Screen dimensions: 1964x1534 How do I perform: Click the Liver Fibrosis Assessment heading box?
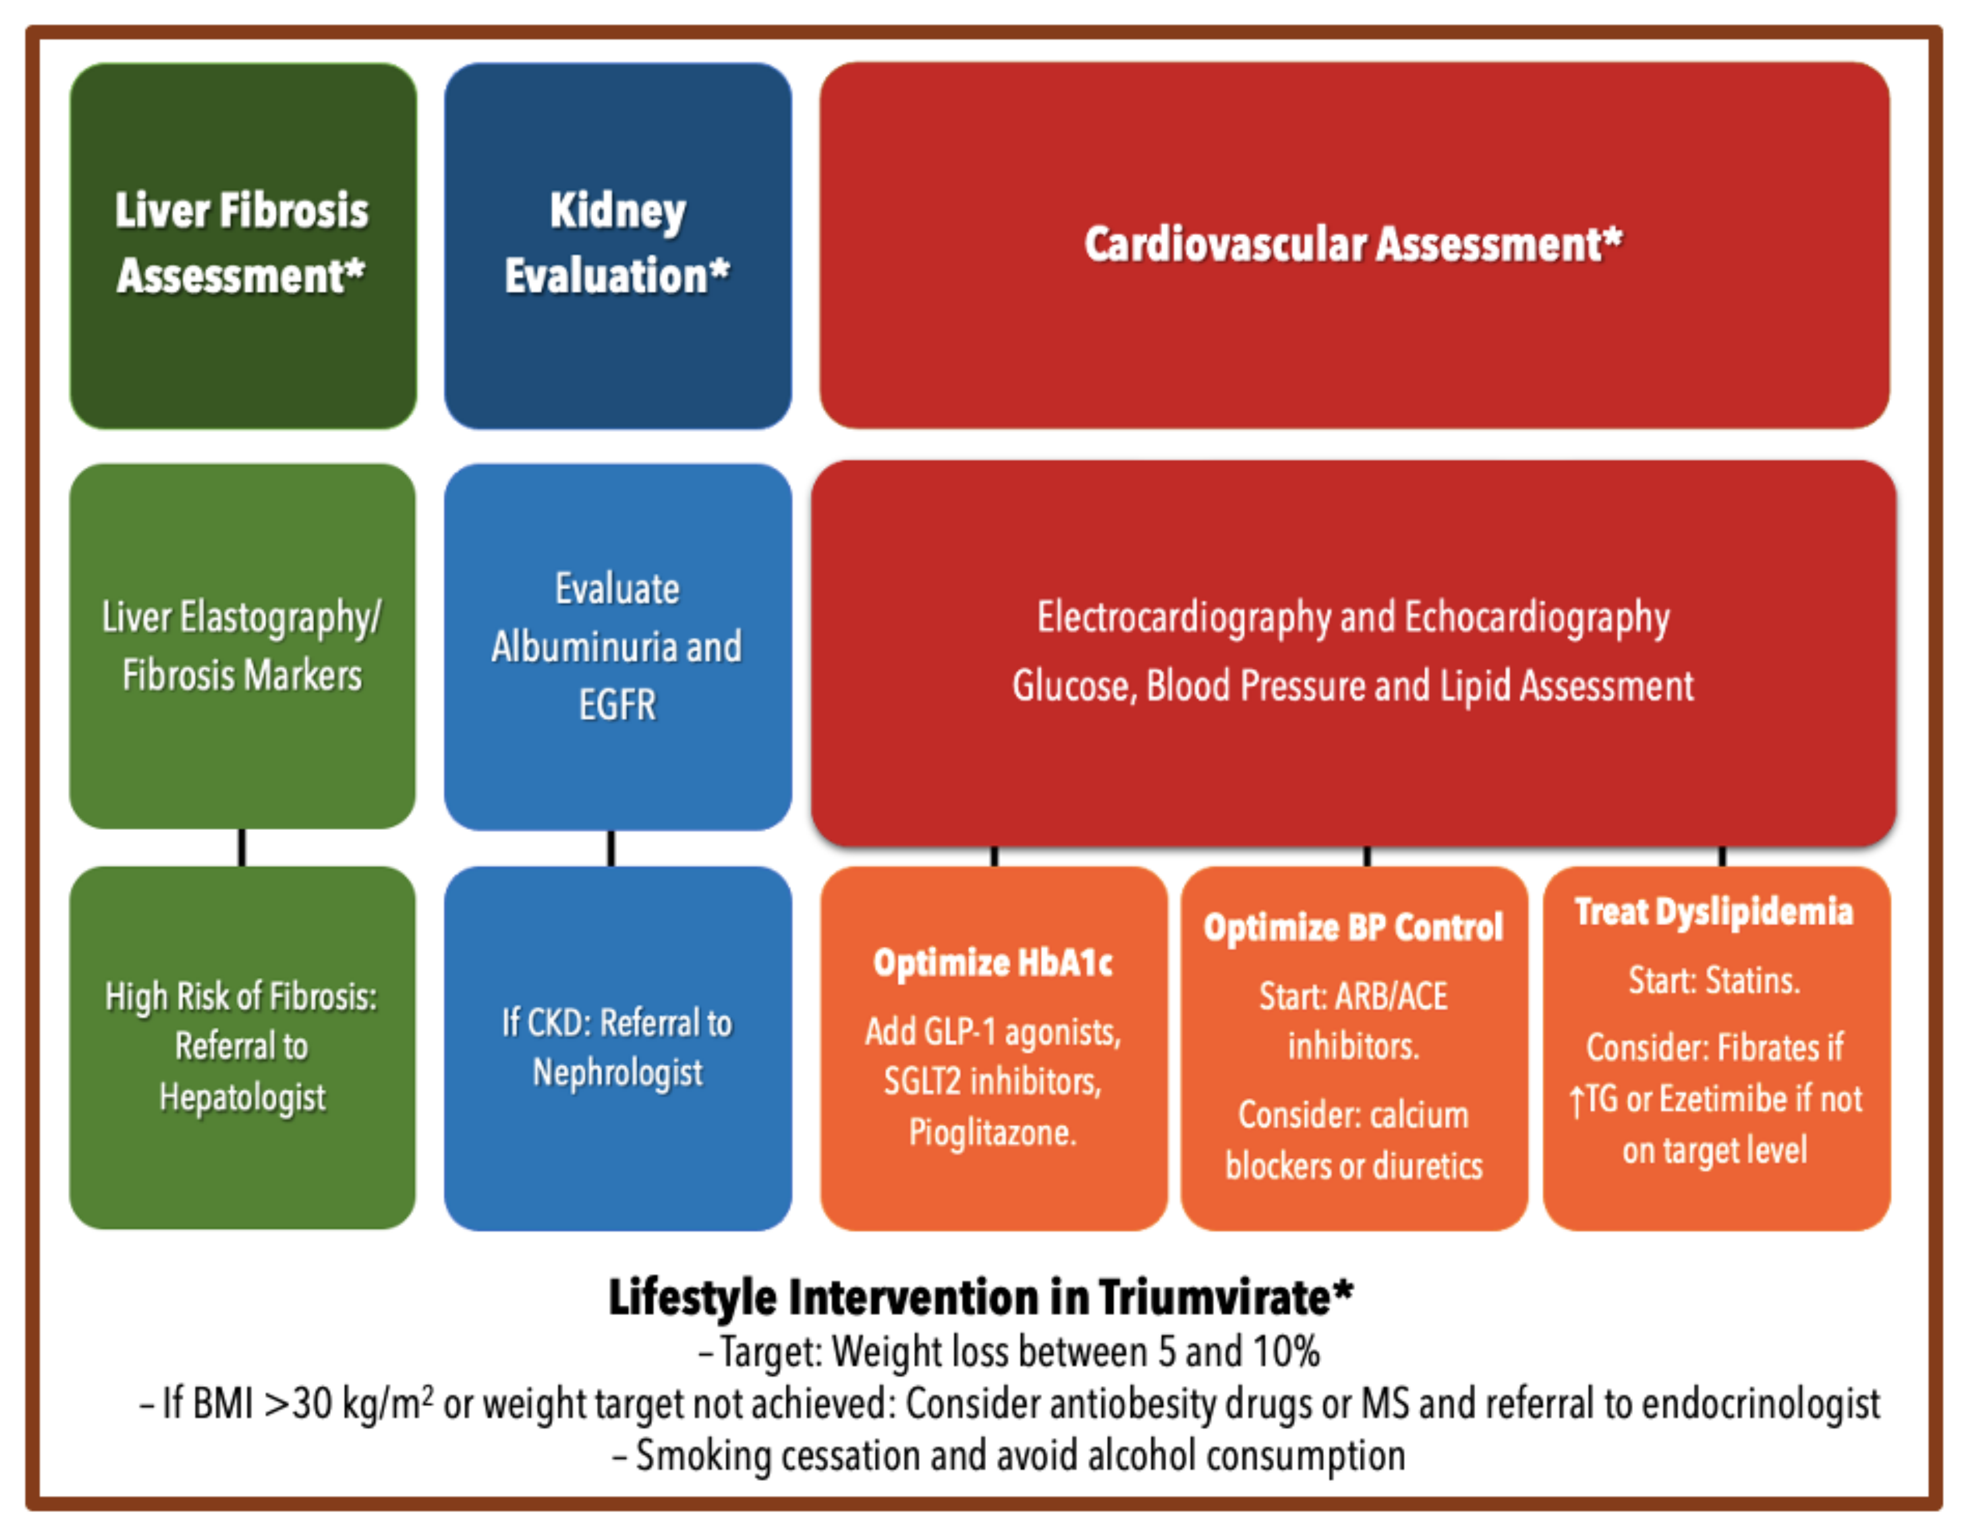(x=243, y=245)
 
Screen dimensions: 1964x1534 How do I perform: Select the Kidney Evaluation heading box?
(x=618, y=245)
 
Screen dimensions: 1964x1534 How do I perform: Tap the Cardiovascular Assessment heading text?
(x=1353, y=244)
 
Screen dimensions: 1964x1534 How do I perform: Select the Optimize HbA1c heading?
(x=993, y=963)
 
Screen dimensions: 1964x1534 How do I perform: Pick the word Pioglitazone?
(x=993, y=1132)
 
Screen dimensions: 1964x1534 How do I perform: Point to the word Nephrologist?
(x=618, y=1073)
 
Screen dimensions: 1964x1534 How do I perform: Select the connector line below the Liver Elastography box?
(x=242, y=847)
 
